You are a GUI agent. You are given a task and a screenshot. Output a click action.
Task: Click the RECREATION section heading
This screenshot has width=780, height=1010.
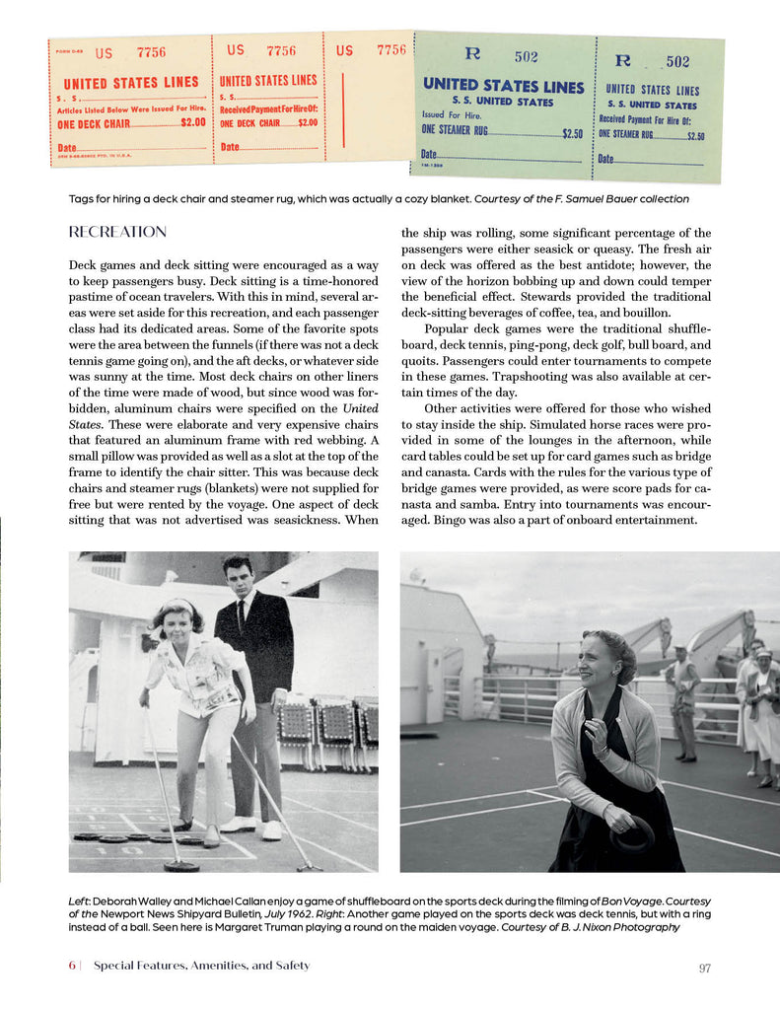[117, 233]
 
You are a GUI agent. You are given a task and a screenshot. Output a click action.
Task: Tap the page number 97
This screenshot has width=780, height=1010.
[704, 968]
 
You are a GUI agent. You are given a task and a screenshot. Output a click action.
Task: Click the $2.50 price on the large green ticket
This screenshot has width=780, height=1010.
[572, 133]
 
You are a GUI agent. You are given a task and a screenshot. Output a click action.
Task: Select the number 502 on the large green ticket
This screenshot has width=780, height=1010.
[525, 58]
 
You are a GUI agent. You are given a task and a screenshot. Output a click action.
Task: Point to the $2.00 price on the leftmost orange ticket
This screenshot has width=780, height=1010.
[193, 123]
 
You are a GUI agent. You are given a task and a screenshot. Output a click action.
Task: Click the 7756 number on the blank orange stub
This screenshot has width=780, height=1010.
[391, 50]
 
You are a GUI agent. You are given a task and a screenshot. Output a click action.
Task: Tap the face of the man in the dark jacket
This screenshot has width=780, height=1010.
[238, 576]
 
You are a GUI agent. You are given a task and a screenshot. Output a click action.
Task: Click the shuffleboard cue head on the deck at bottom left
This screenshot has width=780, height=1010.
[180, 865]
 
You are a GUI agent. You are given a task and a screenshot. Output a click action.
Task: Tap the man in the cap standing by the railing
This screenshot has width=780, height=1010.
[682, 700]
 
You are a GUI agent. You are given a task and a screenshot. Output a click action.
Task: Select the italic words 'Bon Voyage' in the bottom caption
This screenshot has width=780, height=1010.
[644, 902]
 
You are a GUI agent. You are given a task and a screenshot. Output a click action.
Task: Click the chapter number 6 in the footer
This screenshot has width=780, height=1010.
[72, 966]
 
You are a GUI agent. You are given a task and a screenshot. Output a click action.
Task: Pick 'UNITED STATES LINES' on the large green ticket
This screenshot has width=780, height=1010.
[503, 86]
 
